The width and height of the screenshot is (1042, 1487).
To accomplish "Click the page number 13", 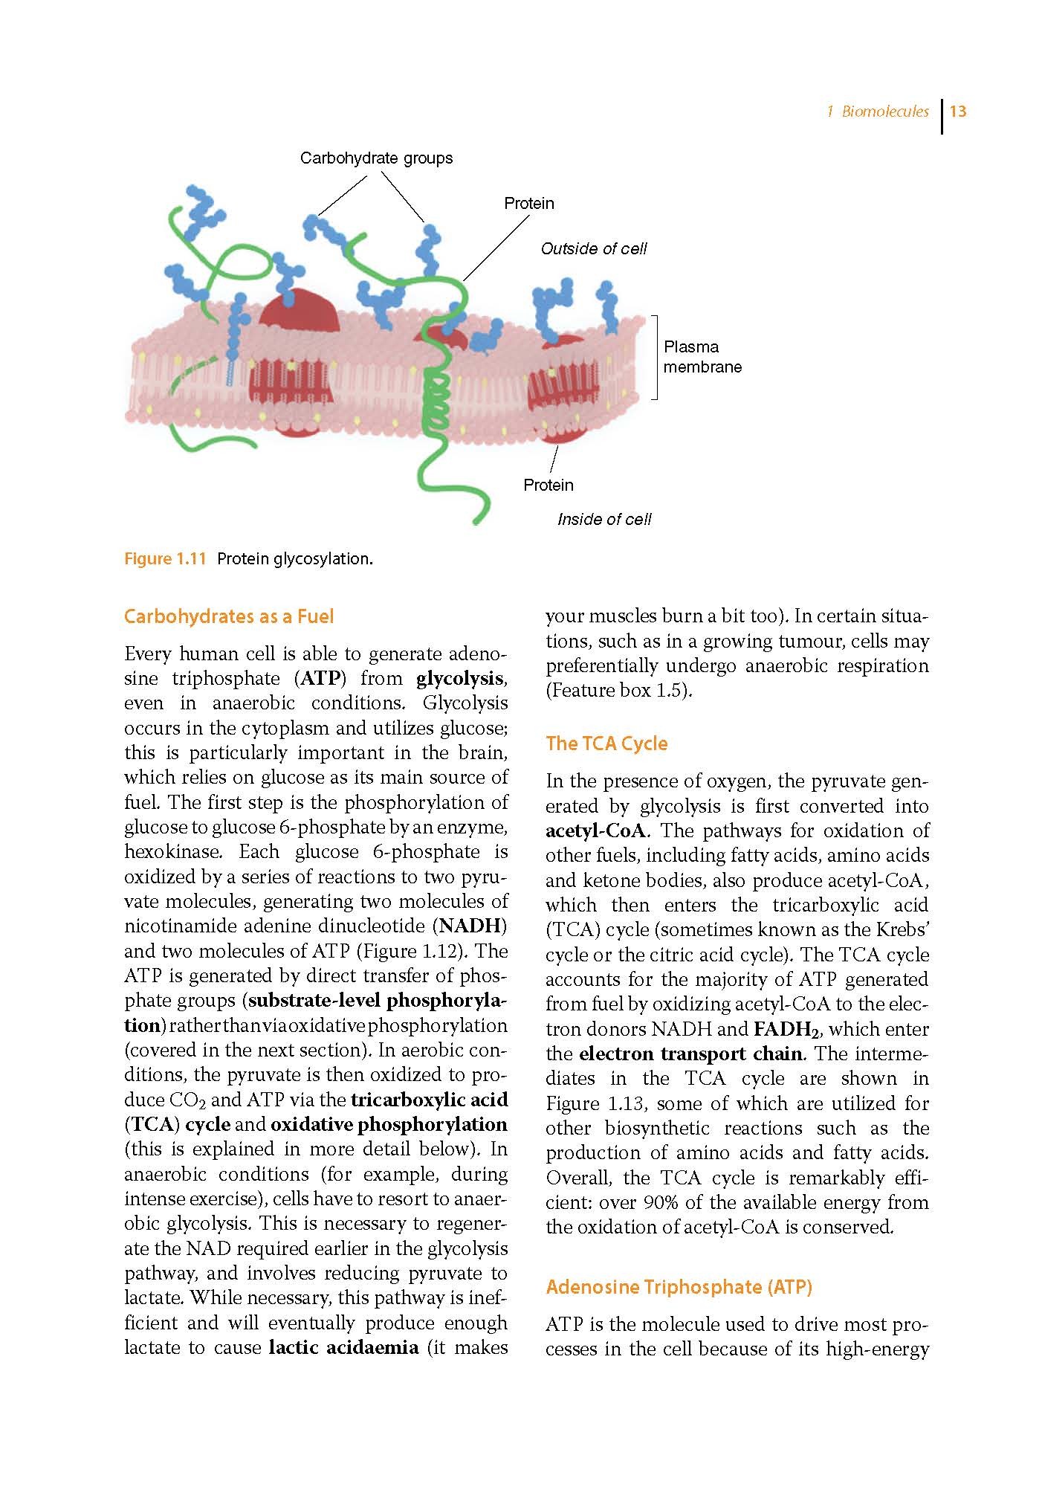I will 958,112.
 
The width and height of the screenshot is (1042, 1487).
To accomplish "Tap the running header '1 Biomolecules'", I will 877,112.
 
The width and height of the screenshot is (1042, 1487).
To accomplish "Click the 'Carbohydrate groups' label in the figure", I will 376,158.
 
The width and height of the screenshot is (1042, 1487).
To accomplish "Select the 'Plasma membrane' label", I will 702,357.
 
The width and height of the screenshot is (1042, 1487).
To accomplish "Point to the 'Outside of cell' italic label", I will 593,248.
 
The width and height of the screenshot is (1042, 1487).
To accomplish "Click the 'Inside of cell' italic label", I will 603,519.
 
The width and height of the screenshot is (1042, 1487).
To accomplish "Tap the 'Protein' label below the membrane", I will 548,485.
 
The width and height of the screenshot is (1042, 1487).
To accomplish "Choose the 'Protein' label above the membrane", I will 528,203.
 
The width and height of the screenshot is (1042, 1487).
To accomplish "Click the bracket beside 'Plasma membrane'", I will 656,357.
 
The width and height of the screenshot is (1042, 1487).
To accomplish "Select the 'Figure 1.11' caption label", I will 164,558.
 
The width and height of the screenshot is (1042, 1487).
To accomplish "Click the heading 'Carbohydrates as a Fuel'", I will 229,616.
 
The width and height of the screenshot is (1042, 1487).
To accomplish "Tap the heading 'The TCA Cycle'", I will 606,743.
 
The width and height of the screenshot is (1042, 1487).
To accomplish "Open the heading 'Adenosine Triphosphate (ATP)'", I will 679,1287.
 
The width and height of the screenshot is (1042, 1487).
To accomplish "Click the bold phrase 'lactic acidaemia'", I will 343,1347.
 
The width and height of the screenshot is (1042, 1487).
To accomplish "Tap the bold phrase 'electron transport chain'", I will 690,1054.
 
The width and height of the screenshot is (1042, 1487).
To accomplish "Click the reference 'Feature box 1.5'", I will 618,691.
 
